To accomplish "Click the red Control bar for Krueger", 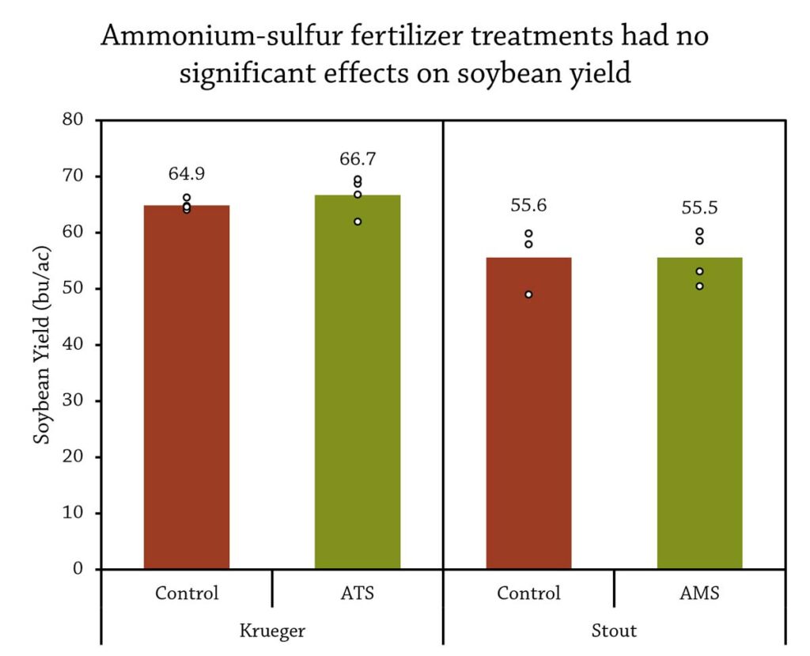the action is click(x=187, y=387).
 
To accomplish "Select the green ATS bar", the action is click(x=358, y=382).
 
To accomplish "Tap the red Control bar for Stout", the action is click(x=528, y=413).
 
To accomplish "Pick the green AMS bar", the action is click(x=699, y=413).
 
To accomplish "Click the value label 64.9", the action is click(x=187, y=173).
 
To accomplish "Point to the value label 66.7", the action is click(x=358, y=159).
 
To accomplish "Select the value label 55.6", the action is click(x=528, y=205).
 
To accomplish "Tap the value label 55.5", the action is click(x=699, y=208).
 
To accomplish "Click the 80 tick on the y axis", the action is click(x=73, y=119).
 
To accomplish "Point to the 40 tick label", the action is click(x=73, y=343).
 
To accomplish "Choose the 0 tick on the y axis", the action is click(x=78, y=569).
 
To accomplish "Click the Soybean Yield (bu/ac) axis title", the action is click(x=43, y=344).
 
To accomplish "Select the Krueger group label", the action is click(x=272, y=631).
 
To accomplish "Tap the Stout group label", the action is click(x=614, y=631).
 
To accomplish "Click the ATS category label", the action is click(x=357, y=593).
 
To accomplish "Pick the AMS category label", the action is click(x=699, y=593).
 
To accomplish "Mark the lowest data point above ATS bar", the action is click(x=358, y=222).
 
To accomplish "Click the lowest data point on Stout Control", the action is click(x=528, y=294).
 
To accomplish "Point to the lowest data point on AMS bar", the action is click(x=699, y=286).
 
